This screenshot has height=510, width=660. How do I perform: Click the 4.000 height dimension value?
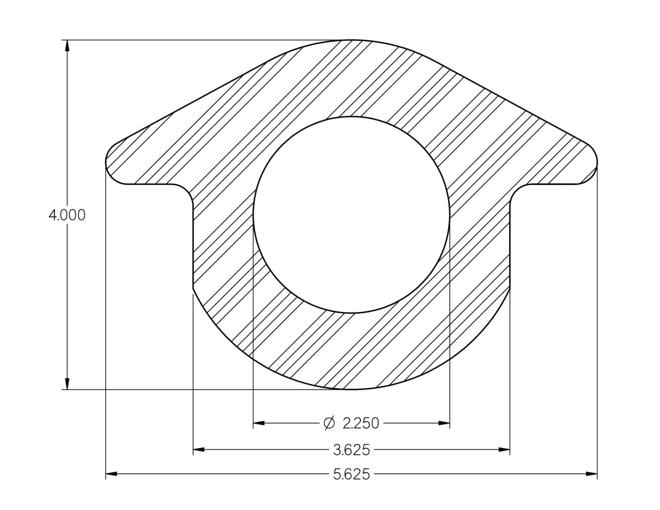[x=67, y=215]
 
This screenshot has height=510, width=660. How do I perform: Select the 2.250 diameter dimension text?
[x=361, y=424]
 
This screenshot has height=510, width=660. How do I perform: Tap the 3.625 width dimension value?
[x=351, y=450]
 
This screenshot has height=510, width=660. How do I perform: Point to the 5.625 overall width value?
[x=351, y=474]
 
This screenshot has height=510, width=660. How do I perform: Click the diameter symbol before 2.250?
[x=329, y=423]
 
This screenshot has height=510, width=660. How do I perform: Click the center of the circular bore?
[x=351, y=214]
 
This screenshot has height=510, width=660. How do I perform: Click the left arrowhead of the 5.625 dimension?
[x=111, y=474]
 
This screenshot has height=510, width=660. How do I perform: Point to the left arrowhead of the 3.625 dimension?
[x=199, y=450]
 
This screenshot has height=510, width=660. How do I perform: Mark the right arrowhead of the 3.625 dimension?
[x=504, y=450]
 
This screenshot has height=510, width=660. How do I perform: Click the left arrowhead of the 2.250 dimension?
[x=259, y=424]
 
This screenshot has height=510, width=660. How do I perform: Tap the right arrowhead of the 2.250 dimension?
[x=444, y=424]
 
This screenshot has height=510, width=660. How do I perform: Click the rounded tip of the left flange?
[x=107, y=163]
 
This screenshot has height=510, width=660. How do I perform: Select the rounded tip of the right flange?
[x=597, y=163]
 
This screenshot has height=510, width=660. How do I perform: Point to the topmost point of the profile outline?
[x=351, y=40]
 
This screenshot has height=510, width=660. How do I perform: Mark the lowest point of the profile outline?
[x=351, y=390]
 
